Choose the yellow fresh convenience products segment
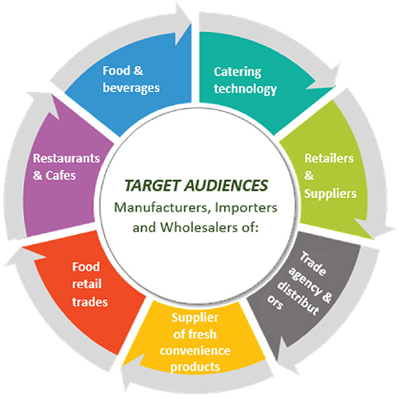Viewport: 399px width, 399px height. [195, 341]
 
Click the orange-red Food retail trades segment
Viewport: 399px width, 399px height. [88, 287]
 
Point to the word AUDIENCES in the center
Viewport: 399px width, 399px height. [227, 185]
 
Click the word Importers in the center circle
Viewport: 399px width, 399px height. [246, 208]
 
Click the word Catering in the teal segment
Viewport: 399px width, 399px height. [238, 72]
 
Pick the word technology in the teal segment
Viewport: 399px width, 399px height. [245, 89]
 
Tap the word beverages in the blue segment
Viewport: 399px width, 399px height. [131, 88]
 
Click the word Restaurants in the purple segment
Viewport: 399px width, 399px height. [66, 158]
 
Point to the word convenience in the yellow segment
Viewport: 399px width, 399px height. [195, 350]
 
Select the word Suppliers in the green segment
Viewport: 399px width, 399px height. [330, 194]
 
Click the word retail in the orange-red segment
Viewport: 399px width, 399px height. [87, 284]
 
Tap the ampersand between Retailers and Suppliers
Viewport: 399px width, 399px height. [309, 176]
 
